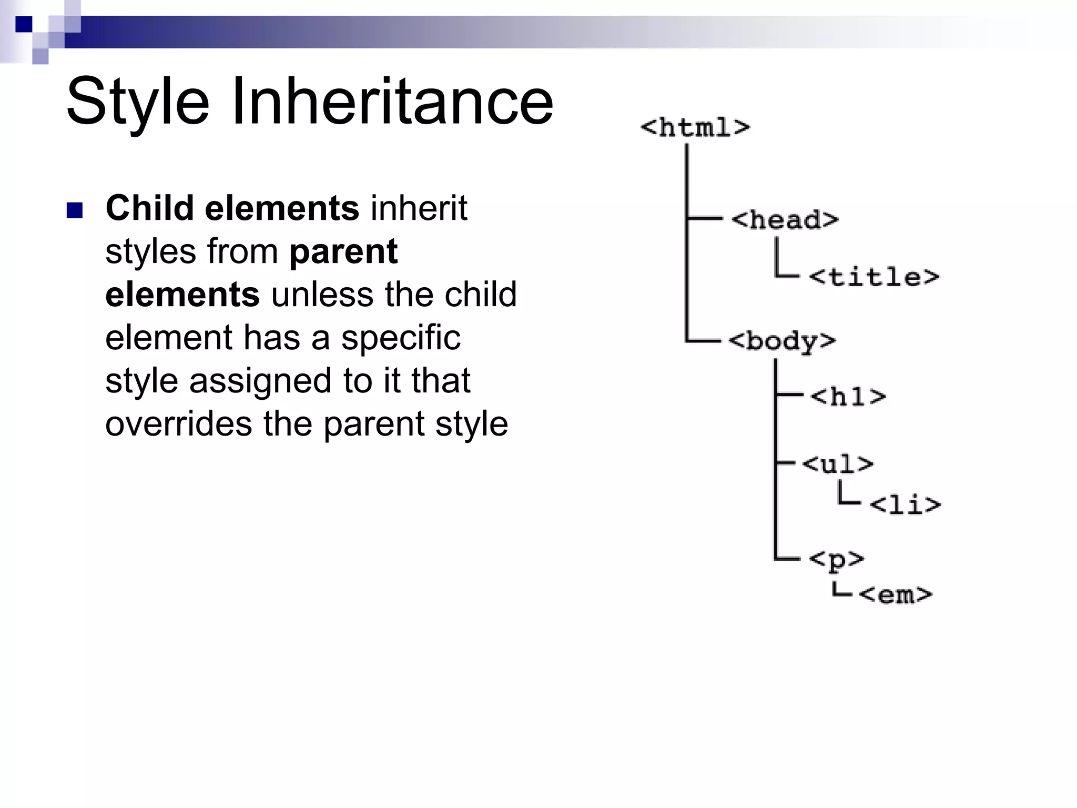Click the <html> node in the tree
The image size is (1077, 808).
695,128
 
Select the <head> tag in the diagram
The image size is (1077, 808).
784,220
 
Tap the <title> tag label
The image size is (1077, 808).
873,277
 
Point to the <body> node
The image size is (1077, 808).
781,341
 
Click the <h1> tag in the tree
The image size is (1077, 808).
848,397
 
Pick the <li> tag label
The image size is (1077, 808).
905,505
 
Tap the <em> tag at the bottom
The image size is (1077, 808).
895,595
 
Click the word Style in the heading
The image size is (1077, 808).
138,101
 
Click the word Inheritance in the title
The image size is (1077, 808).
392,101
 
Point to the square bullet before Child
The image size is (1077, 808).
75,210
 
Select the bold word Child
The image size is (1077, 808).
149,208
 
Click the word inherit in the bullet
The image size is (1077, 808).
419,208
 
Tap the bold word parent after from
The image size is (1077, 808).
343,251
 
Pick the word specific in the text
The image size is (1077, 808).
401,338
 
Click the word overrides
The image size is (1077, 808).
178,424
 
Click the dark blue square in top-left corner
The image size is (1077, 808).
24,24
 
